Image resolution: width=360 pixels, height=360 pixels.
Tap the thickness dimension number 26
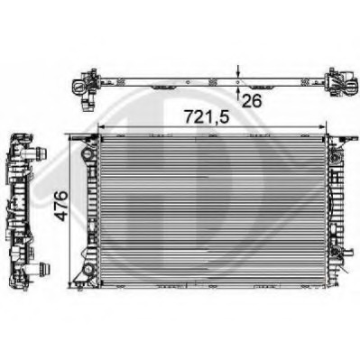252,101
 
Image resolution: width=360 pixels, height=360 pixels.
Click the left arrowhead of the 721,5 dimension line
99,127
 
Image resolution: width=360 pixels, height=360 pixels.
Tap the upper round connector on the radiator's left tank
88,159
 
